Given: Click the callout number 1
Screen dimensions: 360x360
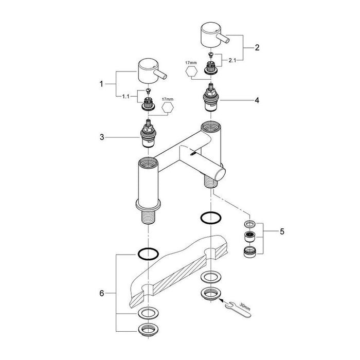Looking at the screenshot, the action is click(x=101, y=84).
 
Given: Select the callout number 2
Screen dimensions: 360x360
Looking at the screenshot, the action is click(x=257, y=47).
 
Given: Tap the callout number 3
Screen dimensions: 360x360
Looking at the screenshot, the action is click(x=102, y=137).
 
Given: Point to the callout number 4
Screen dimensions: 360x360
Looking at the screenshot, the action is click(x=257, y=100).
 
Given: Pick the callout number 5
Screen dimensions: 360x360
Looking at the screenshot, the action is click(x=282, y=231).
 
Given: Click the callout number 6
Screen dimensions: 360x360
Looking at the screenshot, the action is click(x=102, y=293).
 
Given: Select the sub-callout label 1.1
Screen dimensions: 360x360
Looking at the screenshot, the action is click(x=125, y=97).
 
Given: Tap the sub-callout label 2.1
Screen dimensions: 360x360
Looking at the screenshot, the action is click(x=232, y=61).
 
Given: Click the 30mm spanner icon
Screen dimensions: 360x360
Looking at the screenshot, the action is click(x=238, y=309).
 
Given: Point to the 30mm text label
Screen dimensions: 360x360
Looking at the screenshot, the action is click(x=245, y=307).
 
